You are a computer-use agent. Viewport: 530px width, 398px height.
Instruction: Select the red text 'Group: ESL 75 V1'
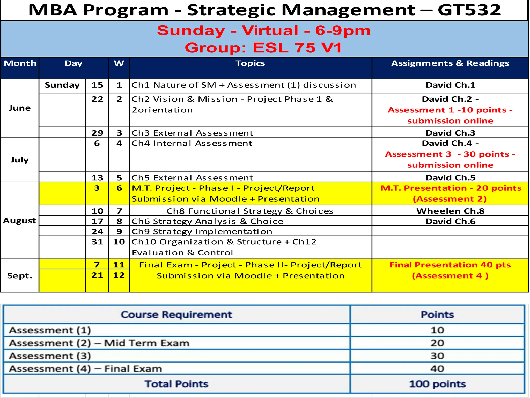263,48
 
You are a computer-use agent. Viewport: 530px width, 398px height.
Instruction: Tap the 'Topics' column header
250,63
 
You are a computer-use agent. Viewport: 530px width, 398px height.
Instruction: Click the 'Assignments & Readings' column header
450,63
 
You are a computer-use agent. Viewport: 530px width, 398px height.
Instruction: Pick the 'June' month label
20,108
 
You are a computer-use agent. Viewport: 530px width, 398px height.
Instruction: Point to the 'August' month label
19,221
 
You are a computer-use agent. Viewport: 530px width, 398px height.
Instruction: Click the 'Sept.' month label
20,276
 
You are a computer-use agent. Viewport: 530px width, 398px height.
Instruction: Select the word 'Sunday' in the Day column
62,85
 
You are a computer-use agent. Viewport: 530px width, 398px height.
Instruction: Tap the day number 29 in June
97,133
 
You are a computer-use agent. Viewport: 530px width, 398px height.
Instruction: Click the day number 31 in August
97,242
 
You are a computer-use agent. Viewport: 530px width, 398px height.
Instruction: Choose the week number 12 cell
119,275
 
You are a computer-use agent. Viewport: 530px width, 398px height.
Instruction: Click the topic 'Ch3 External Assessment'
192,133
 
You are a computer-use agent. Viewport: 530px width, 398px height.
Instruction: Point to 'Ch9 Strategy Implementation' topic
202,231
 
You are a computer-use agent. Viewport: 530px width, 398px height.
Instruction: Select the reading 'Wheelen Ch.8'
450,211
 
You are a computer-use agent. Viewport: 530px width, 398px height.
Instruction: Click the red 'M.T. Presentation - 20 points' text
451,188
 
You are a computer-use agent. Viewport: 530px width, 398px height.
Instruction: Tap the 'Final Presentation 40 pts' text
450,265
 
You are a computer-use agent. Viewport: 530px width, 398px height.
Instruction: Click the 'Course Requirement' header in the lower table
176,315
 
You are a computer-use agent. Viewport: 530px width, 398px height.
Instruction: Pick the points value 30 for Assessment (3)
437,356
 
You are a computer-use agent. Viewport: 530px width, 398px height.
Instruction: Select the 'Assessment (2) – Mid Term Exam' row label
99,343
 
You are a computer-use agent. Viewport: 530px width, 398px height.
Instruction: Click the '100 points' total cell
437,384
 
